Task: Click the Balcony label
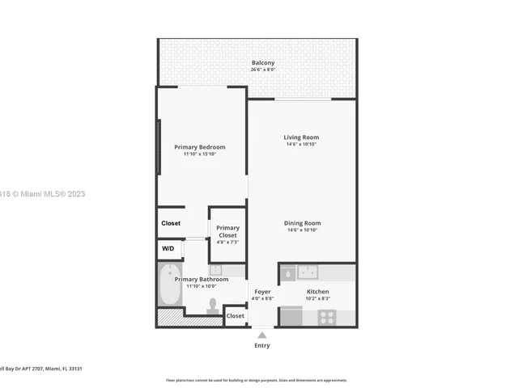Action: click(x=262, y=63)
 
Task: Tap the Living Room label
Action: click(x=300, y=137)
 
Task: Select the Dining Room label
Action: click(x=302, y=223)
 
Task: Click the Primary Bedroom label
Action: click(x=200, y=147)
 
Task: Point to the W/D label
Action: click(x=168, y=249)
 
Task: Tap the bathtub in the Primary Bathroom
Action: click(x=170, y=285)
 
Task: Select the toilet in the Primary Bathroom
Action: click(x=213, y=305)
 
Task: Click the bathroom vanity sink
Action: click(x=216, y=270)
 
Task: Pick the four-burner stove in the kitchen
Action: click(x=327, y=317)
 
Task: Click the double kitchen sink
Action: click(x=308, y=272)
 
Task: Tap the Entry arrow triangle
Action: click(x=261, y=335)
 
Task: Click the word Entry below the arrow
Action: click(x=261, y=345)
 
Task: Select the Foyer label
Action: click(x=262, y=292)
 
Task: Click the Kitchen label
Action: click(x=317, y=292)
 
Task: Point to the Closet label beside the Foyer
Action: click(x=235, y=316)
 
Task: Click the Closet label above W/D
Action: click(x=171, y=223)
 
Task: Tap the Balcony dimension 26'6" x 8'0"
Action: click(x=262, y=70)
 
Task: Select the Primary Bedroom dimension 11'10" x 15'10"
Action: click(x=200, y=154)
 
